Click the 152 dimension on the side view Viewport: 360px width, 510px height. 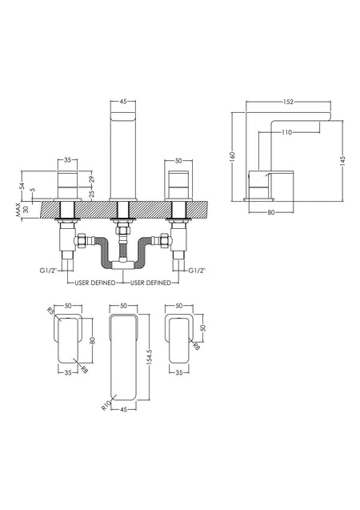coord(288,102)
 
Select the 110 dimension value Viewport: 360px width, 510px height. coord(287,132)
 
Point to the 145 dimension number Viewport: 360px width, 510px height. coord(343,162)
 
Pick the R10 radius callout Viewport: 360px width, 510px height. coord(106,405)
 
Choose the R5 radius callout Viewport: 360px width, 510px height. coord(50,311)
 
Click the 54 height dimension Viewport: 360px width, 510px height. coord(22,186)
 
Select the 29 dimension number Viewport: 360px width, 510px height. coord(92,179)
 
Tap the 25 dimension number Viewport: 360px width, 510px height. coord(92,194)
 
